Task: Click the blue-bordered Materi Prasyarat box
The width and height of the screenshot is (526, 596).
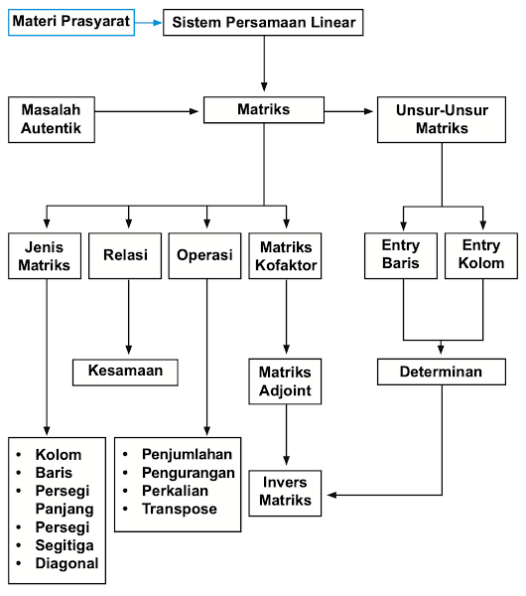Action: coord(70,21)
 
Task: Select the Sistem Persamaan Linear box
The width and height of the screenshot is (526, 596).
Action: coord(264,22)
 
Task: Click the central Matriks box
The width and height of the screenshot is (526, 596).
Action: coord(264,109)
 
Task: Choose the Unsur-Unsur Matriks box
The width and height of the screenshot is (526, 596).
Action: coord(441,118)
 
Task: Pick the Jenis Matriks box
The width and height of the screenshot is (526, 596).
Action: coord(46,255)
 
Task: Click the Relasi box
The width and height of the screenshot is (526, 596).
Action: coord(125,255)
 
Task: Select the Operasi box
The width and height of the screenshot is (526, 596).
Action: coord(204,255)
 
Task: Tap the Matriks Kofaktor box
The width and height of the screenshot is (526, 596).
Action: coord(286,255)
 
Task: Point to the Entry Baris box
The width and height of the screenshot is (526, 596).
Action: coord(401,255)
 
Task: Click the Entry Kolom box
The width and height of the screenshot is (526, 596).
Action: coord(481,255)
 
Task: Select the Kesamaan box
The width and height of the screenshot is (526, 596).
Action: coord(125,372)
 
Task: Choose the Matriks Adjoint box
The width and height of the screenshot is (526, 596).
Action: coord(286,382)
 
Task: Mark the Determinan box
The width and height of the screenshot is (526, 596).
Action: coord(442,372)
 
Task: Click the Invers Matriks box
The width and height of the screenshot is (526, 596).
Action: coord(286,492)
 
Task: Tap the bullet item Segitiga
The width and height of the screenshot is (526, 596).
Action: coord(65,545)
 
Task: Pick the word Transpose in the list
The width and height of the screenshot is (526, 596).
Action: coord(179,510)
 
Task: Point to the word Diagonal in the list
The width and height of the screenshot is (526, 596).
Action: coord(66,563)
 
